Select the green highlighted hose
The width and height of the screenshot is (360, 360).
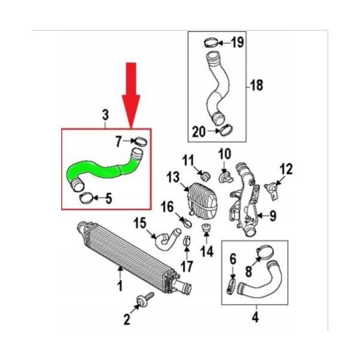[103, 170]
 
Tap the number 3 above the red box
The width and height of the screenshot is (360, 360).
[105, 115]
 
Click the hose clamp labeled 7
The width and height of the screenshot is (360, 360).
[141, 141]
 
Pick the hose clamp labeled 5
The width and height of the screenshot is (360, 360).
[86, 198]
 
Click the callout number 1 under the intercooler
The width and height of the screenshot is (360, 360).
[119, 284]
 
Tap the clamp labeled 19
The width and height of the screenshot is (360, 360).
[211, 43]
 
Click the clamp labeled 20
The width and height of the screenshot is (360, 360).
[226, 130]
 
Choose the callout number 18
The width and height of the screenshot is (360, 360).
[256, 85]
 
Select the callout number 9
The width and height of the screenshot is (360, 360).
[273, 216]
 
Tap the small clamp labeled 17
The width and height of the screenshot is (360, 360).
[187, 241]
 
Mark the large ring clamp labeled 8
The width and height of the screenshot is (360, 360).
[265, 253]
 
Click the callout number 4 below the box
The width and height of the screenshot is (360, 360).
[255, 317]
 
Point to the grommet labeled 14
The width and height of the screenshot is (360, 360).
[206, 228]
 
